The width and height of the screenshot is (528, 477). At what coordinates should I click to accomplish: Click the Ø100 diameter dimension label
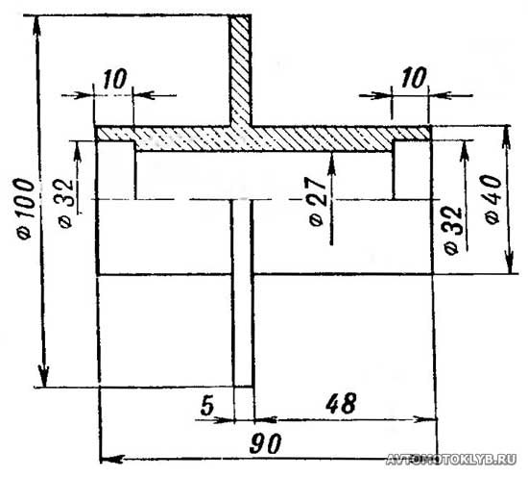pyautogui.click(x=26, y=209)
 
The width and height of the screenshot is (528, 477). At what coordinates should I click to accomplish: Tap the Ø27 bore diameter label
pyautogui.click(x=317, y=201)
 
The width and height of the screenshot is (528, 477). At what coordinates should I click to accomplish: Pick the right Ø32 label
pyautogui.click(x=452, y=230)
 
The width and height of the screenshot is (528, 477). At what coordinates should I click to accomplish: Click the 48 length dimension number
pyautogui.click(x=341, y=403)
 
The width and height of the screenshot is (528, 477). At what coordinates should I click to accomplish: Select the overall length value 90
pyautogui.click(x=265, y=443)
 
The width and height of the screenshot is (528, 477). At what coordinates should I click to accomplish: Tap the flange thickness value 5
pyautogui.click(x=207, y=405)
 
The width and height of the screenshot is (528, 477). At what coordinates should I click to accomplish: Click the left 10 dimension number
pyautogui.click(x=115, y=79)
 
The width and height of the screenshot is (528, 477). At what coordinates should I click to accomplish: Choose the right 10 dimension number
pyautogui.click(x=414, y=78)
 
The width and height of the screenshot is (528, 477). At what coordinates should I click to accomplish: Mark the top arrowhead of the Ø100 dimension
pyautogui.click(x=36, y=25)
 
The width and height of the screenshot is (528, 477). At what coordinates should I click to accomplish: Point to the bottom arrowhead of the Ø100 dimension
pyautogui.click(x=44, y=375)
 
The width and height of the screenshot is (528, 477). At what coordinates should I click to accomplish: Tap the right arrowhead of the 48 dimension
pyautogui.click(x=425, y=419)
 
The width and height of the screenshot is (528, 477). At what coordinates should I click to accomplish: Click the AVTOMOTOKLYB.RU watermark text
pyautogui.click(x=451, y=459)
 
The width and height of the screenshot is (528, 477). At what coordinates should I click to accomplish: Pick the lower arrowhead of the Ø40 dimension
pyautogui.click(x=510, y=263)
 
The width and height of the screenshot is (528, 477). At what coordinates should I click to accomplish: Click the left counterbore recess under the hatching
pyautogui.click(x=115, y=170)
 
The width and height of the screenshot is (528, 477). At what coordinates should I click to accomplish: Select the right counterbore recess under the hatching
pyautogui.click(x=412, y=170)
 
